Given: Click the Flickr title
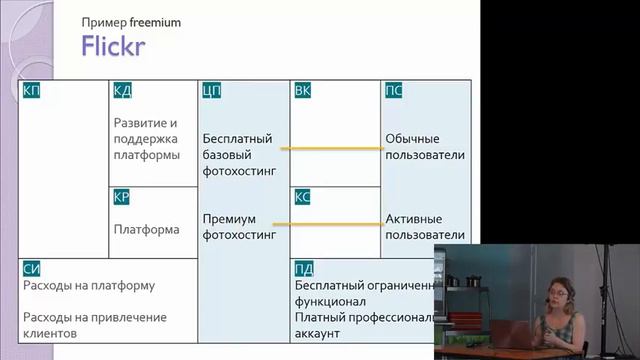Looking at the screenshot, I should tap(114, 45).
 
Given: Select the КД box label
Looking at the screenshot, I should tap(123, 91).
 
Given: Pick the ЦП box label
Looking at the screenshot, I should tap(211, 91).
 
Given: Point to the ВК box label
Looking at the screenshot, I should tap(303, 91).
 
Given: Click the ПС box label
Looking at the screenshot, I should tap(394, 91).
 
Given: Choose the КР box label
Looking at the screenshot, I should tap(123, 197).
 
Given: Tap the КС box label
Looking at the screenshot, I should tap(303, 197).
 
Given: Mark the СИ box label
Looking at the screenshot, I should tap(30, 268).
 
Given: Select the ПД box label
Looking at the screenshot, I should tap(304, 268).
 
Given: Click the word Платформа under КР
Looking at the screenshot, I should tap(147, 229).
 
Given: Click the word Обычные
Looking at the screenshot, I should tap(412, 139).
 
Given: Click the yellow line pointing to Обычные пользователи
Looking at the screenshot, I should tap(331, 149).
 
